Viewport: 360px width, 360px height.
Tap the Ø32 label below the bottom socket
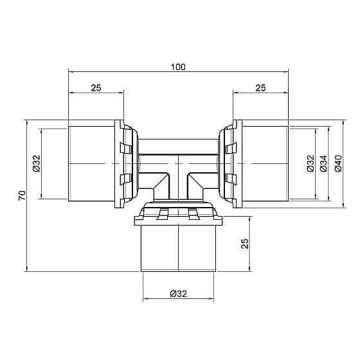tap(178, 294)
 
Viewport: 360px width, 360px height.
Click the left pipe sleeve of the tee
tap(93, 164)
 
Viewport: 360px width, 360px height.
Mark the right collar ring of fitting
tap(230, 164)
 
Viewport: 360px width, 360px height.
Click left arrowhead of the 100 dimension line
tap(70, 73)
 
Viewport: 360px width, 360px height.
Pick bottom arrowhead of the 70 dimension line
tap(27, 269)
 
